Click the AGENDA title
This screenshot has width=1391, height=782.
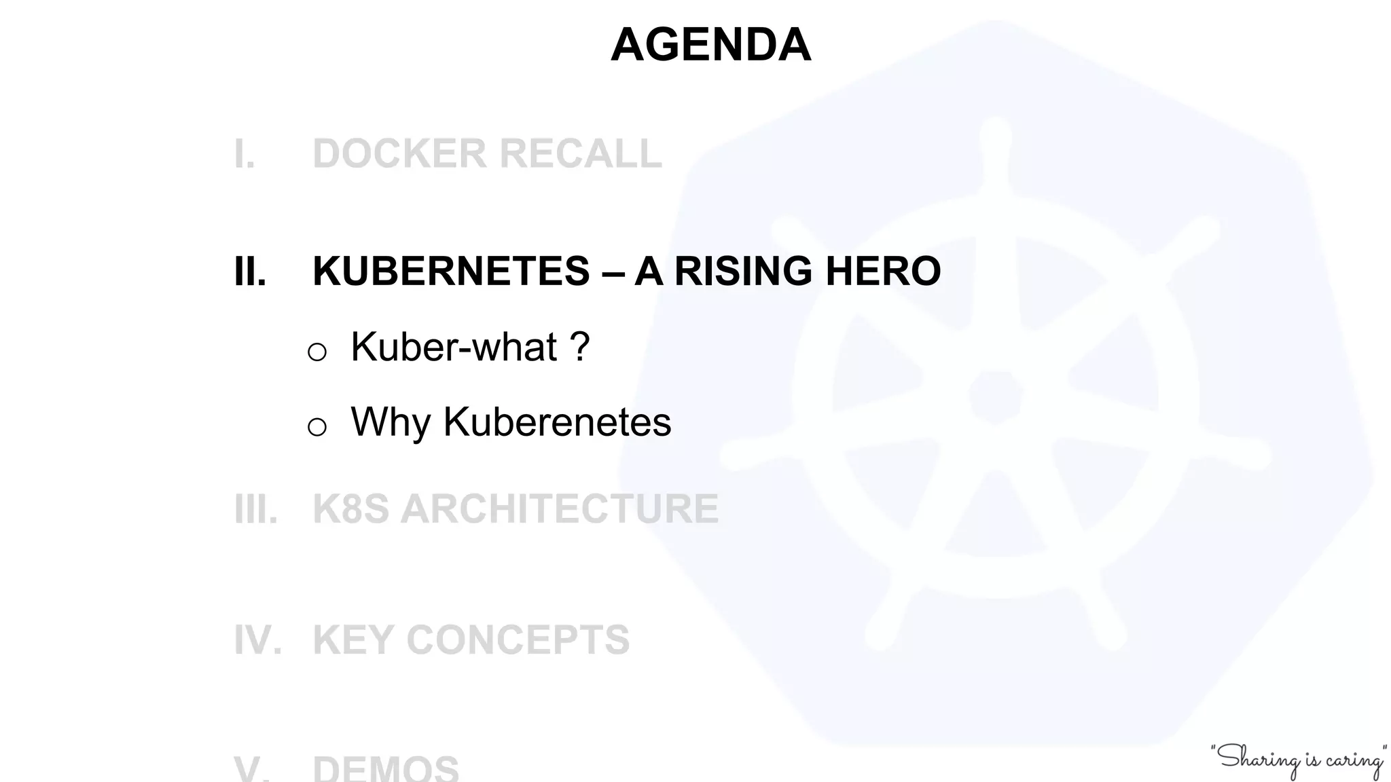point(710,45)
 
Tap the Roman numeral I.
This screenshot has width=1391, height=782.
point(245,153)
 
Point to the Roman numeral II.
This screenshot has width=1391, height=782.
point(249,272)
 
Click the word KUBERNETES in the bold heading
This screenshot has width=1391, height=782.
point(451,272)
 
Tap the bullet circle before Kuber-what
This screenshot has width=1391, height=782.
point(317,352)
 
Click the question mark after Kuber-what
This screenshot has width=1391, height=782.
point(579,347)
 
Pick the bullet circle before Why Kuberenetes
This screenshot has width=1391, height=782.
point(317,427)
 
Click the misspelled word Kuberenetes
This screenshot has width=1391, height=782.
point(557,422)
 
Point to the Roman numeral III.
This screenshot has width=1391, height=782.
point(255,509)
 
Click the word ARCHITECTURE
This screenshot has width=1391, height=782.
point(559,509)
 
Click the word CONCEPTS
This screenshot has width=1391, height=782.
point(518,639)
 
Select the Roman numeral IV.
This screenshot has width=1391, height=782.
point(257,639)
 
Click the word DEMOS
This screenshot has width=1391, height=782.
point(385,769)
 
